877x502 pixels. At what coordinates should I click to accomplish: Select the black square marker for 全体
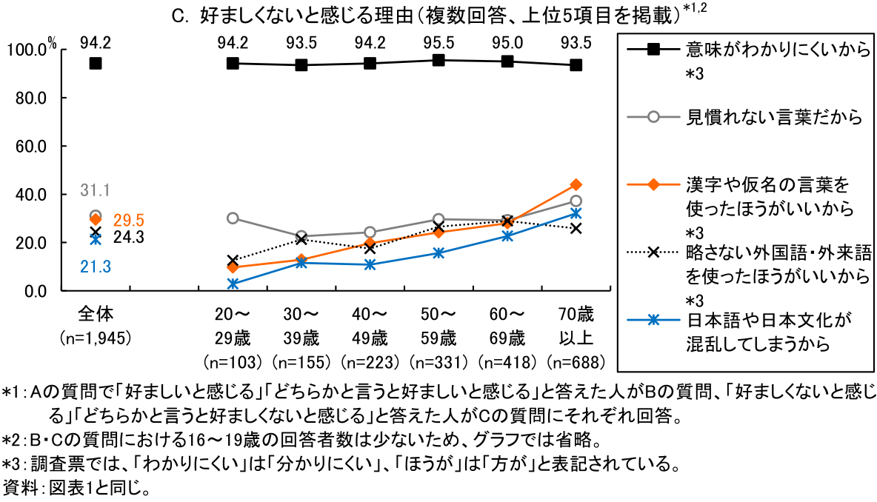coord(96,64)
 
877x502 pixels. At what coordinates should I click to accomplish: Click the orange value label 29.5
coord(128,220)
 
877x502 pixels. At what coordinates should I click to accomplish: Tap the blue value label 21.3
coord(96,266)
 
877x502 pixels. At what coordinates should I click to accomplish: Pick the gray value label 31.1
coord(96,191)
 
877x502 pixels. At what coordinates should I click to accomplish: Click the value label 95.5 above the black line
coord(438,42)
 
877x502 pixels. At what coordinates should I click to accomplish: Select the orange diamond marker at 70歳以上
coord(576,184)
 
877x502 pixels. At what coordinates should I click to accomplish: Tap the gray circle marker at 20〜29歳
coord(233,218)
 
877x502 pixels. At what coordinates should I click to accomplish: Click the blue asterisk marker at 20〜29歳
coord(233,284)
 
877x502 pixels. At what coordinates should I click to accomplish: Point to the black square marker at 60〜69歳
coord(507,61)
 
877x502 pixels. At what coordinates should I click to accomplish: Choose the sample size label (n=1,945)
coord(96,338)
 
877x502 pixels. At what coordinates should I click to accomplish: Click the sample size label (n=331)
coord(438,363)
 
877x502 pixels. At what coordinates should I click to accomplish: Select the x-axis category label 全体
coord(96,313)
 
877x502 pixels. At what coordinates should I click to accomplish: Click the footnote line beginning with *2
coord(300,441)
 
